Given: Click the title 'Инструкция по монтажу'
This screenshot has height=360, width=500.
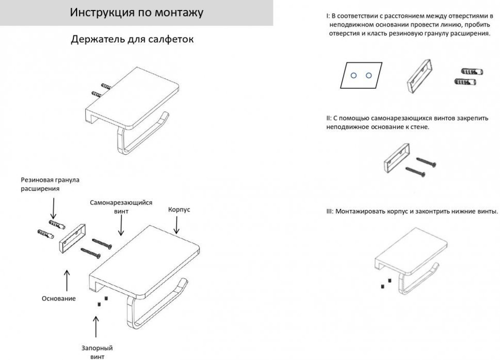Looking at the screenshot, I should (136, 12).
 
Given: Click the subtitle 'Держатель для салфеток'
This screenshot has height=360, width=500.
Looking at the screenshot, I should (132, 39).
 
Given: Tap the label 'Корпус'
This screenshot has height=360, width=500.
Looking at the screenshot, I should (178, 209).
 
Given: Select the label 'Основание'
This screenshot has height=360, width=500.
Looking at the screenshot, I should (58, 298).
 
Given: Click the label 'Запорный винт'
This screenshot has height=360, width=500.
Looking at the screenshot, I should (96, 352).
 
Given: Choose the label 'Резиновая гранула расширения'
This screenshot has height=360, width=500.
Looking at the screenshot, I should (50, 184).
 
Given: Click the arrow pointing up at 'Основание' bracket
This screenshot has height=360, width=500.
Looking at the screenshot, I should (66, 279).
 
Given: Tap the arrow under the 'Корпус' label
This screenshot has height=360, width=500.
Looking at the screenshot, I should (176, 226).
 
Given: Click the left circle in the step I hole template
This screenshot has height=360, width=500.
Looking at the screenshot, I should (353, 75).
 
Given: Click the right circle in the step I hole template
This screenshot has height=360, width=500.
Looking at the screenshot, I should (368, 75).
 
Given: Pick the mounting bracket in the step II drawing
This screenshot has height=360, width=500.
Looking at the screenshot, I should (395, 158).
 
